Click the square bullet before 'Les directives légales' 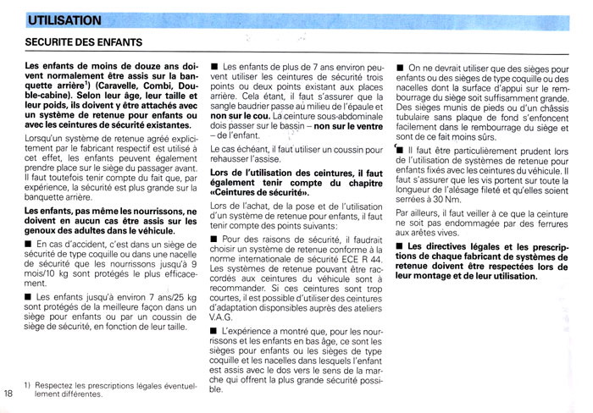click(x=400, y=246)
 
